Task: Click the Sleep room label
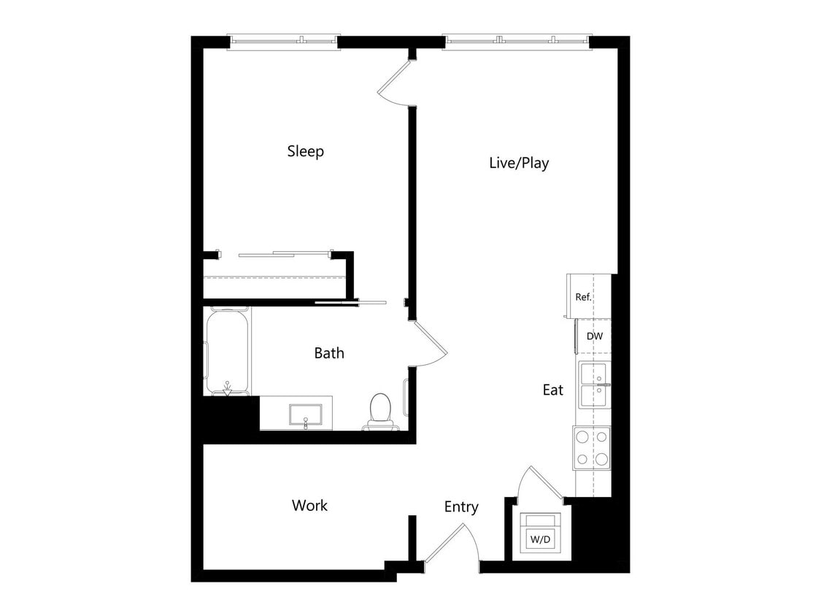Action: (x=305, y=152)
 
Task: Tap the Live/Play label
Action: (x=518, y=163)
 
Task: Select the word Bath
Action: (x=329, y=353)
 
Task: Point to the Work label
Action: (x=309, y=505)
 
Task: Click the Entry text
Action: (x=461, y=507)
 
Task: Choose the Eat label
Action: (x=552, y=390)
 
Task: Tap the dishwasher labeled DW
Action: (x=594, y=336)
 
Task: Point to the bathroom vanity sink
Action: (x=303, y=414)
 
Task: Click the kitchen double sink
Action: (x=594, y=385)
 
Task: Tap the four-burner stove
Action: (x=591, y=447)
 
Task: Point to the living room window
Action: (x=517, y=42)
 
